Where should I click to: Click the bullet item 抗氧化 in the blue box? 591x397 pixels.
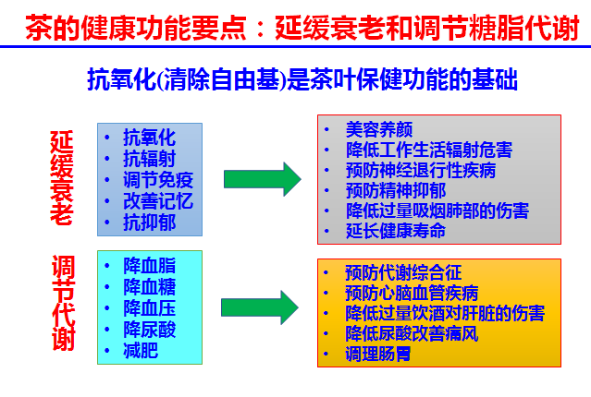(149, 137)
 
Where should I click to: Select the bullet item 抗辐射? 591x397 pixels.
(149, 158)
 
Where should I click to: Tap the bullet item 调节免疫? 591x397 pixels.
(158, 179)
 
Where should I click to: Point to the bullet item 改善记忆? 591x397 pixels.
(158, 200)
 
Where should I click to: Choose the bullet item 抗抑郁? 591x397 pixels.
(149, 222)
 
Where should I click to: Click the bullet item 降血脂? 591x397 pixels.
(149, 264)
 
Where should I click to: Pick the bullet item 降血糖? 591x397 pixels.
(149, 285)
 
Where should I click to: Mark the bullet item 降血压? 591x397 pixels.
(149, 307)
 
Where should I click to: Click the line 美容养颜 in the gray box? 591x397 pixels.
(379, 129)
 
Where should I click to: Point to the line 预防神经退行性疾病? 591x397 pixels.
(421, 170)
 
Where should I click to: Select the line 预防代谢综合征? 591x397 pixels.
(403, 272)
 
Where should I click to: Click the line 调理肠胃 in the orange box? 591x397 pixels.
(379, 354)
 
